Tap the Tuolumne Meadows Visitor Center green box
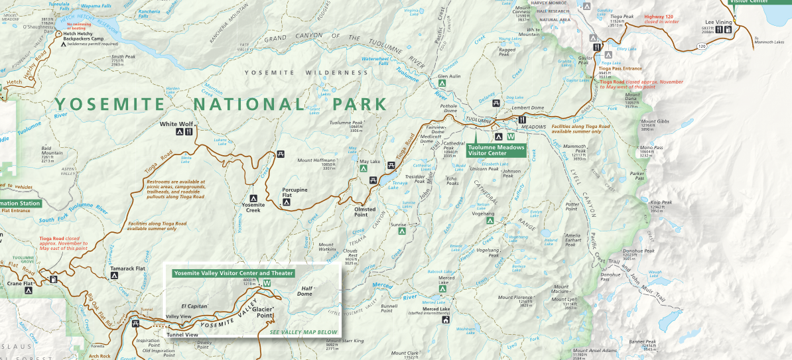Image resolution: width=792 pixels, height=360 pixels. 496,150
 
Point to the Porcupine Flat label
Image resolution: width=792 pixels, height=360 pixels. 295,193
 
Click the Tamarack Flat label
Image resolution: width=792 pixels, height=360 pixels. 127,269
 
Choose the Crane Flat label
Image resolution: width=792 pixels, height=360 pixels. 19,283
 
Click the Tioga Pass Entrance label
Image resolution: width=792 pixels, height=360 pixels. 620,68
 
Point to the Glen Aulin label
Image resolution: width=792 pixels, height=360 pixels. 449,76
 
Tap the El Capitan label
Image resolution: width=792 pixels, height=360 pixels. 194,306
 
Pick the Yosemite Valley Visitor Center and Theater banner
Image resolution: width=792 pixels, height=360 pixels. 232,272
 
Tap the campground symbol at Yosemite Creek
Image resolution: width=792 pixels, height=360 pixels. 253,198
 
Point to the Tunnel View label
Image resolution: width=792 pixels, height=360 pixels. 182,335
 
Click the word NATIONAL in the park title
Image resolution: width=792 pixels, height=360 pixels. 250,104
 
